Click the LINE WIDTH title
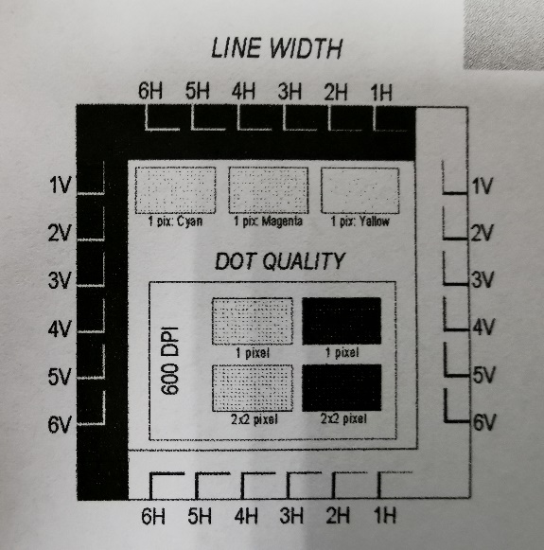[276, 47]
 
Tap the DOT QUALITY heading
[280, 261]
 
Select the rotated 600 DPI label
[170, 361]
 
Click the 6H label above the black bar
[150, 91]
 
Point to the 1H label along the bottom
[384, 516]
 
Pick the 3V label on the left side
[60, 280]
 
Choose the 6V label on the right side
[484, 422]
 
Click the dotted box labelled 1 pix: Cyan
[175, 190]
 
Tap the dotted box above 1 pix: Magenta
[269, 190]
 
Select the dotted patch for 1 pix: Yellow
[360, 190]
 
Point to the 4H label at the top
[243, 91]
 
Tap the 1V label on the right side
[483, 186]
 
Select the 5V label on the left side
[60, 377]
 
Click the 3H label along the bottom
[291, 516]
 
